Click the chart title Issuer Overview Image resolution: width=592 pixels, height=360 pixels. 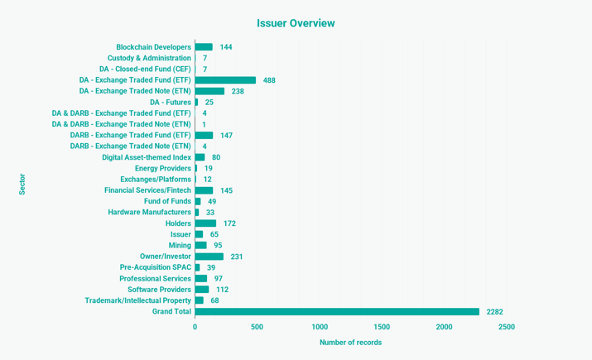296,23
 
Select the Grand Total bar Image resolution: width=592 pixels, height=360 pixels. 337,312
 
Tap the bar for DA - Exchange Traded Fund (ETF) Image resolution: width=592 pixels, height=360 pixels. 225,80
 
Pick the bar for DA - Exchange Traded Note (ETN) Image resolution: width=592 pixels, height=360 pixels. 209,91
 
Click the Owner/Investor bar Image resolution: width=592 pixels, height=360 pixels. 209,257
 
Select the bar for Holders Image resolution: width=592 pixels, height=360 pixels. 205,223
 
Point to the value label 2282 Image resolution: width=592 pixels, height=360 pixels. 494,312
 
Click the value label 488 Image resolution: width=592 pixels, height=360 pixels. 269,80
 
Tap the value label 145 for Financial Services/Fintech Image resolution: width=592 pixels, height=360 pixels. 226,190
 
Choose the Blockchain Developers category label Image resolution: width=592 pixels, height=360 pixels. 153,47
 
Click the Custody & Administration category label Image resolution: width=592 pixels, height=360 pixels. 149,58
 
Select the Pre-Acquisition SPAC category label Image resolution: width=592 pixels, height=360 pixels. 155,267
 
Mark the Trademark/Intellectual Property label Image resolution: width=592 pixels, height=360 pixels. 137,300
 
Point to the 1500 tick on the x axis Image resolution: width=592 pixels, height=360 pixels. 382,327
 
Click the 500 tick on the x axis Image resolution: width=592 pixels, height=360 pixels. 257,327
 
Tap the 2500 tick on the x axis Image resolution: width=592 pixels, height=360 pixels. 506,327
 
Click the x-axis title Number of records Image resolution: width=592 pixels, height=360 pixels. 350,343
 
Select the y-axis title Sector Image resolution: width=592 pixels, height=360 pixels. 22,184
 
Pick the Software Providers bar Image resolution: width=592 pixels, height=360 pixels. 202,290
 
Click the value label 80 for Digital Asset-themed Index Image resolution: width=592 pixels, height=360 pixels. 216,157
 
